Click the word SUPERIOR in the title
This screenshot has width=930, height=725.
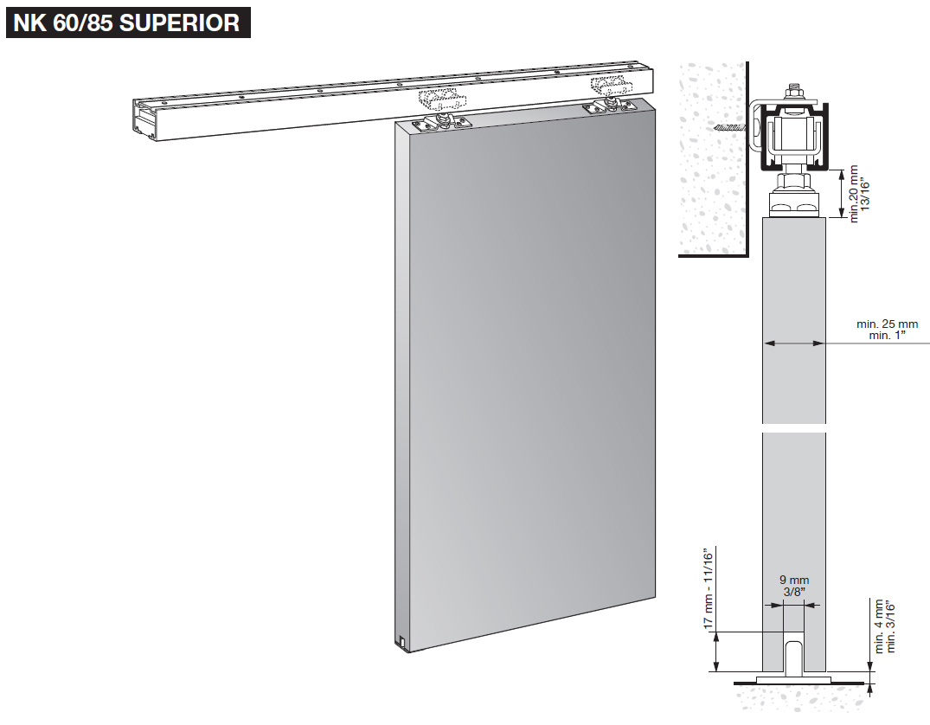pos(179,22)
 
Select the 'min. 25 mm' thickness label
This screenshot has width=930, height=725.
pos(887,324)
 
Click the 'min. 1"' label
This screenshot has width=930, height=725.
pos(887,336)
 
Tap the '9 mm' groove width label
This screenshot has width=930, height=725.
pos(793,580)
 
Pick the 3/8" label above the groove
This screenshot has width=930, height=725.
pos(793,593)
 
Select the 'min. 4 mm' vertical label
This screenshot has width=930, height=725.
pos(878,626)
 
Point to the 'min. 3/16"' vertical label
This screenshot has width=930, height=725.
pos(890,626)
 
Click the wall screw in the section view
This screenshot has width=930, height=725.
pos(731,127)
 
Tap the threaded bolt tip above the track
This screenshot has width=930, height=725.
pos(793,90)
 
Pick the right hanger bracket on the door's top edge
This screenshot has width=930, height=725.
pos(605,106)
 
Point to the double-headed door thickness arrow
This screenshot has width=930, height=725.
pos(793,343)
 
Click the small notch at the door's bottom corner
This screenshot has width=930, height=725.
pos(404,641)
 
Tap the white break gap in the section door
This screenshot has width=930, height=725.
pos(793,428)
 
